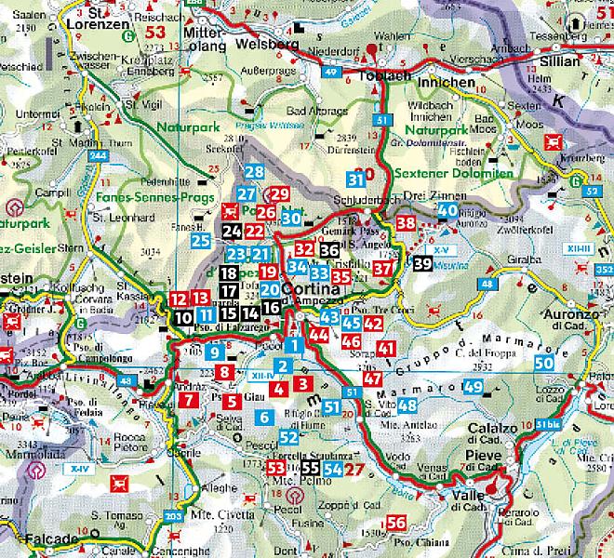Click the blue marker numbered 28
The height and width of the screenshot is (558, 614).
click(254, 171)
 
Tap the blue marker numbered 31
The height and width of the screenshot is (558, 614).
click(355, 179)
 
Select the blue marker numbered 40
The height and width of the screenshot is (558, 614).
click(447, 211)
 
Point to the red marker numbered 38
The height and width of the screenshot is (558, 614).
click(406, 223)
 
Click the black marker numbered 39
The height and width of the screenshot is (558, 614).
click(422, 263)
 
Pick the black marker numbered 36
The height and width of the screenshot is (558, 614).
click(329, 249)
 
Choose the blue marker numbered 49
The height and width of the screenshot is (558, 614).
click(473, 387)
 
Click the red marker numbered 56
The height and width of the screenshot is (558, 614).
click(396, 523)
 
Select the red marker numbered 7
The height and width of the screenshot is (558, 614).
click(190, 401)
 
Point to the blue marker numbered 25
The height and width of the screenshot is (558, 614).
click(200, 241)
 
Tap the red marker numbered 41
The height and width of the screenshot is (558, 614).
click(388, 348)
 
